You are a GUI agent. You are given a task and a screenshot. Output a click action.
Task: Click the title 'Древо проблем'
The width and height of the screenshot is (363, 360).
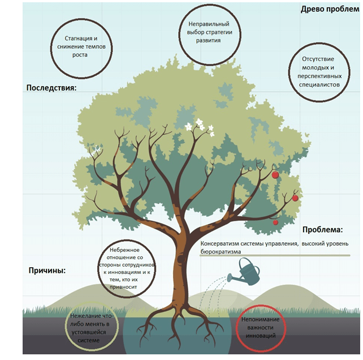tap(330, 9)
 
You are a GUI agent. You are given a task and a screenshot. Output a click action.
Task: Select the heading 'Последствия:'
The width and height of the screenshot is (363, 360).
tap(51, 88)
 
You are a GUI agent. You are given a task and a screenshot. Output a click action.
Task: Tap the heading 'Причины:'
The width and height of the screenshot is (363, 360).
tap(47, 271)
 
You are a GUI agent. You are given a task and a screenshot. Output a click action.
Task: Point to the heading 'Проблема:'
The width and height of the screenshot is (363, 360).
tap(322, 229)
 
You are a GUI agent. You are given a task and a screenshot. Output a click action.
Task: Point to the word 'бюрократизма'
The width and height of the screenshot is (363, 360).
tap(221, 252)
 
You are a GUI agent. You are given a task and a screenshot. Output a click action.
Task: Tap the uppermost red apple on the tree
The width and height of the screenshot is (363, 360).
tap(275, 174)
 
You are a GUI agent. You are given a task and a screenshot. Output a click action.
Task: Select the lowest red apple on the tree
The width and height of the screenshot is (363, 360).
tap(275, 222)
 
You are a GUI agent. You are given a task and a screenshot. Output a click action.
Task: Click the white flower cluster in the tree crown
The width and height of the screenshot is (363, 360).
tap(200, 127)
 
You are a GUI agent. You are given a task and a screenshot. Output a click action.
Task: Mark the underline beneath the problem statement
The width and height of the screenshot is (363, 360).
tap(275, 255)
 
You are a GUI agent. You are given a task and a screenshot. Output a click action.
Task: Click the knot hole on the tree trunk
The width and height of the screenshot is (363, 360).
tap(181, 259)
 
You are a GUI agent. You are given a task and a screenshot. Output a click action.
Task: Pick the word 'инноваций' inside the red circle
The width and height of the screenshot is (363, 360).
tap(261, 336)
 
